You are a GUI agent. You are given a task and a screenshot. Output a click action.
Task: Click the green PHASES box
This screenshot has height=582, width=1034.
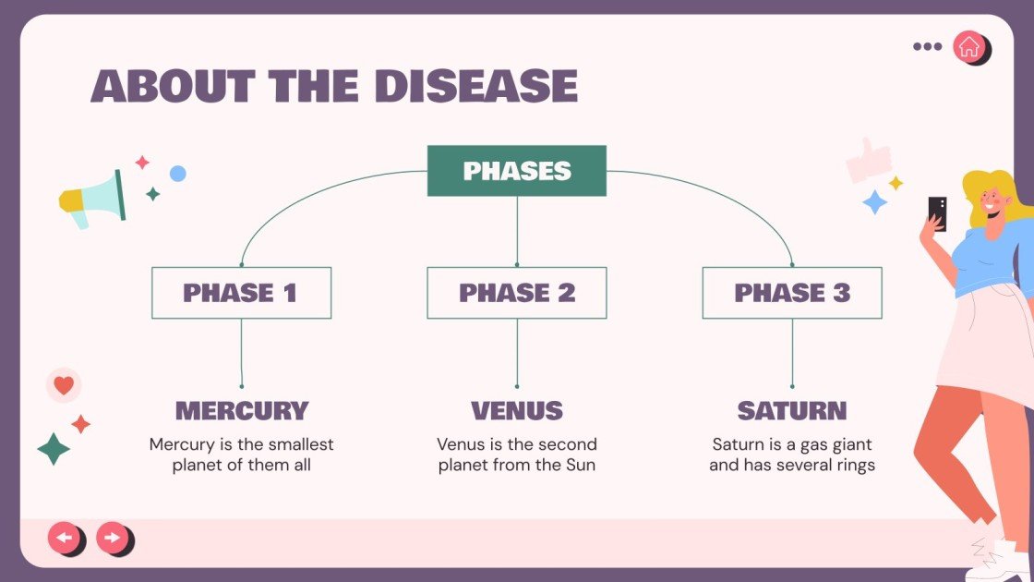[x=516, y=171]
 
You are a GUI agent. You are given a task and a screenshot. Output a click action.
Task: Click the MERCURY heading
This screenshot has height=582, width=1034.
[x=242, y=410]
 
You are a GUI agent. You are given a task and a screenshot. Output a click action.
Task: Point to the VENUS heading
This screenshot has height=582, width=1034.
[x=517, y=410]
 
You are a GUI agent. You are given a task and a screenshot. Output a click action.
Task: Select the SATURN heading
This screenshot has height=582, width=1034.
[x=792, y=410]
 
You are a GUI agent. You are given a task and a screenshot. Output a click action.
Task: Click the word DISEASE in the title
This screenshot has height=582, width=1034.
[x=475, y=86]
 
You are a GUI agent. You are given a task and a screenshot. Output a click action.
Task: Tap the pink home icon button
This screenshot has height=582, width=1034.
[x=968, y=47]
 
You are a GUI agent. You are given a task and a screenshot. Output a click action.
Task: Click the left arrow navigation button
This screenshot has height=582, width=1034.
[x=64, y=537]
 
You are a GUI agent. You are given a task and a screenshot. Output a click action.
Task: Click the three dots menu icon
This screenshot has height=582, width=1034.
[x=927, y=46]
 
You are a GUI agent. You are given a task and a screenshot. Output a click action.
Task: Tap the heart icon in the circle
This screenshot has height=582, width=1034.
[x=64, y=384]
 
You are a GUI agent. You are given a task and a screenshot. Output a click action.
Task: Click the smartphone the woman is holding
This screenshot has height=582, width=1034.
[x=937, y=213]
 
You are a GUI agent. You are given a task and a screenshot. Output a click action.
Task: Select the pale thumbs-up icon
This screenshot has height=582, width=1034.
[x=869, y=161]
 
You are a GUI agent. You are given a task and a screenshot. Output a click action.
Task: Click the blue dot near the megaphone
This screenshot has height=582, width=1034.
[x=177, y=174]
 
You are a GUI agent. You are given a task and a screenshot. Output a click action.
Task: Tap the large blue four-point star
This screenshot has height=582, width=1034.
[x=875, y=202]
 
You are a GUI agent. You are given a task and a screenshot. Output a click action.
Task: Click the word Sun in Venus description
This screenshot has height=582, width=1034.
[x=581, y=465]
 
